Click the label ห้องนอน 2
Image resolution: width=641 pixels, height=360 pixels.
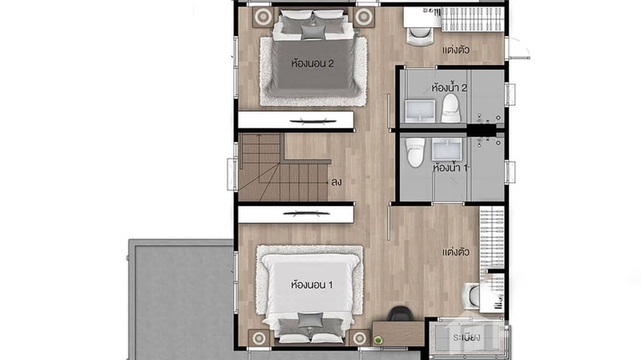312,64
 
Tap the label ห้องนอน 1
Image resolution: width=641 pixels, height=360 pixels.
312,285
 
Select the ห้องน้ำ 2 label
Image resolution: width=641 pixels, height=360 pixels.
449,88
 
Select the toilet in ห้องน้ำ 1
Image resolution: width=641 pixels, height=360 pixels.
415,151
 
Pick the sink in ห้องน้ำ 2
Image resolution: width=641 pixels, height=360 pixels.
420,110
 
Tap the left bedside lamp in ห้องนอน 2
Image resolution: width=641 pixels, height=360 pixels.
262,17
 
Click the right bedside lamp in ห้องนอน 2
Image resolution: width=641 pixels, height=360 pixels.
363,17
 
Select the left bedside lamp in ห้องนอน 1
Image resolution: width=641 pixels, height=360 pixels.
259,338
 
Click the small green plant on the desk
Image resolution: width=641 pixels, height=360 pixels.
378,340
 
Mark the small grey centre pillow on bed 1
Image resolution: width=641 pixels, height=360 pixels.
310,319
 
